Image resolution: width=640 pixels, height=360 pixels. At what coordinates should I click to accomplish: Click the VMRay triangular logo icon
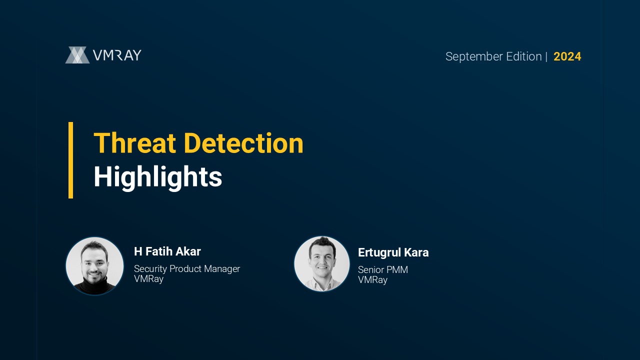coord(77,55)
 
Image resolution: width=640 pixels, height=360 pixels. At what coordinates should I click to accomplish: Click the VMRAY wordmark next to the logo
coord(117,55)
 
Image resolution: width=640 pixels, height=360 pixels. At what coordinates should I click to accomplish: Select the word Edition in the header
coord(524,56)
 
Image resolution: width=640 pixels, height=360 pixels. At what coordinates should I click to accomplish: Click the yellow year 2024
coord(567,56)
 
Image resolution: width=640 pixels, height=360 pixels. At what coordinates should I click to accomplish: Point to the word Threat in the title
coord(134,143)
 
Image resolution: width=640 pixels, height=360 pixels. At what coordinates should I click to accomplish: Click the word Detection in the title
coord(243,143)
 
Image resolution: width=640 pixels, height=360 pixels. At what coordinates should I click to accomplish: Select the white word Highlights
coord(158,177)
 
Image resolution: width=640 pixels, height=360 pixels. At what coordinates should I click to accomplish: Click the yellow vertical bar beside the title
coord(70,160)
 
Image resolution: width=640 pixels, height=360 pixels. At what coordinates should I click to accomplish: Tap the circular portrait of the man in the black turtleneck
coord(94,265)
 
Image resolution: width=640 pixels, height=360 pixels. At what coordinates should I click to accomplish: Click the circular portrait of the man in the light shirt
coord(322,264)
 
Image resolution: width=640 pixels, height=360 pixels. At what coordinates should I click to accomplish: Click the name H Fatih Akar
coord(167,251)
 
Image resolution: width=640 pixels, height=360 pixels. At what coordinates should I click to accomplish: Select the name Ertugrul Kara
coord(393,252)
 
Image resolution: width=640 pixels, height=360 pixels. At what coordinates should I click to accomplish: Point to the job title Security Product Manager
coord(187,269)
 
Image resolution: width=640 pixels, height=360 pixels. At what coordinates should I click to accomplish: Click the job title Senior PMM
coord(383,269)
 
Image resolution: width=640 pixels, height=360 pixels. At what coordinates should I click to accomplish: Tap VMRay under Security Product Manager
coord(149,279)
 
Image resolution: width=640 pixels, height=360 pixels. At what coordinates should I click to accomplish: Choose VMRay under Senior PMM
coord(373,279)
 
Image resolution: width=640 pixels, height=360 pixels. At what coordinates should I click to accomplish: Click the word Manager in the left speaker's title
coord(222,269)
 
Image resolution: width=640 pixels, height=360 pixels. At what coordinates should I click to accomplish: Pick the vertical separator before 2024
coord(546,56)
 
